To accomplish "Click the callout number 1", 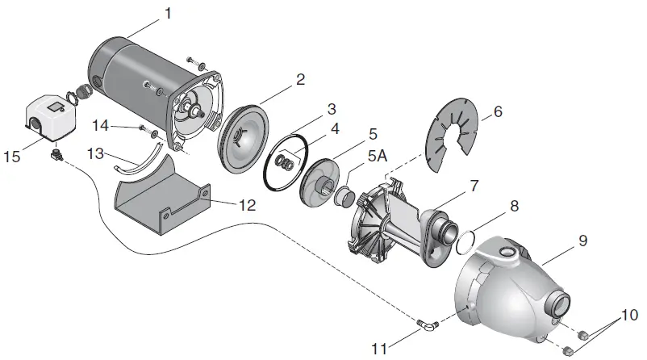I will [168, 13].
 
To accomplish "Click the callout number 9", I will [582, 241].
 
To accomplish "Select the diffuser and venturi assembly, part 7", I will [395, 222].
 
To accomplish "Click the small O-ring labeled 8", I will [462, 240].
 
